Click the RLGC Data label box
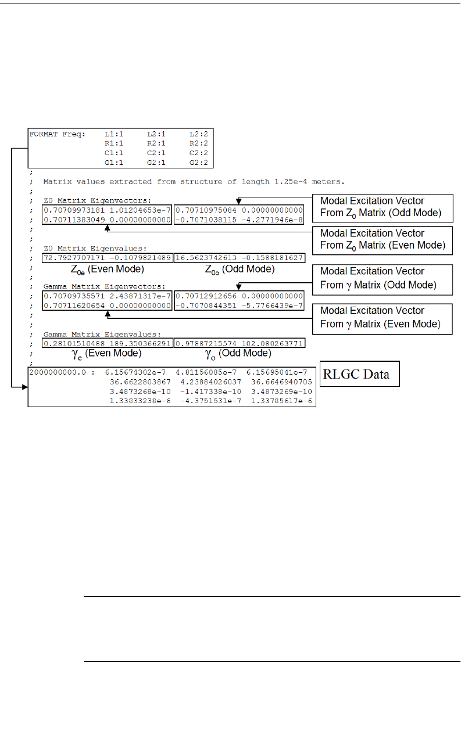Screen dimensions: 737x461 [x=360, y=374]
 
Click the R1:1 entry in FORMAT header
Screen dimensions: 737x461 [x=113, y=143]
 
